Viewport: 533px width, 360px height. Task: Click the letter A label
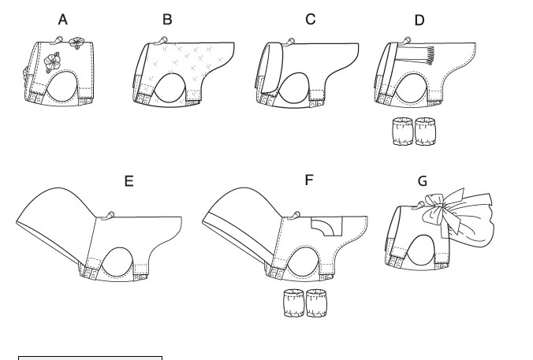click(63, 20)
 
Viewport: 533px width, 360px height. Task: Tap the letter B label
click(167, 20)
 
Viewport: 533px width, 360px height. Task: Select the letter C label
click(311, 19)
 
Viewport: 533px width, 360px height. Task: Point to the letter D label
click(419, 20)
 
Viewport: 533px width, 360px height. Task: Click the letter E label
click(129, 181)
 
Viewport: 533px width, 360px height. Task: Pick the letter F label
click(308, 180)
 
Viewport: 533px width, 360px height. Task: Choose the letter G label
click(422, 181)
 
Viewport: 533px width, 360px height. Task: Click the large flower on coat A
click(52, 62)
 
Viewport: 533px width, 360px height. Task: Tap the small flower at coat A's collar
click(75, 43)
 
